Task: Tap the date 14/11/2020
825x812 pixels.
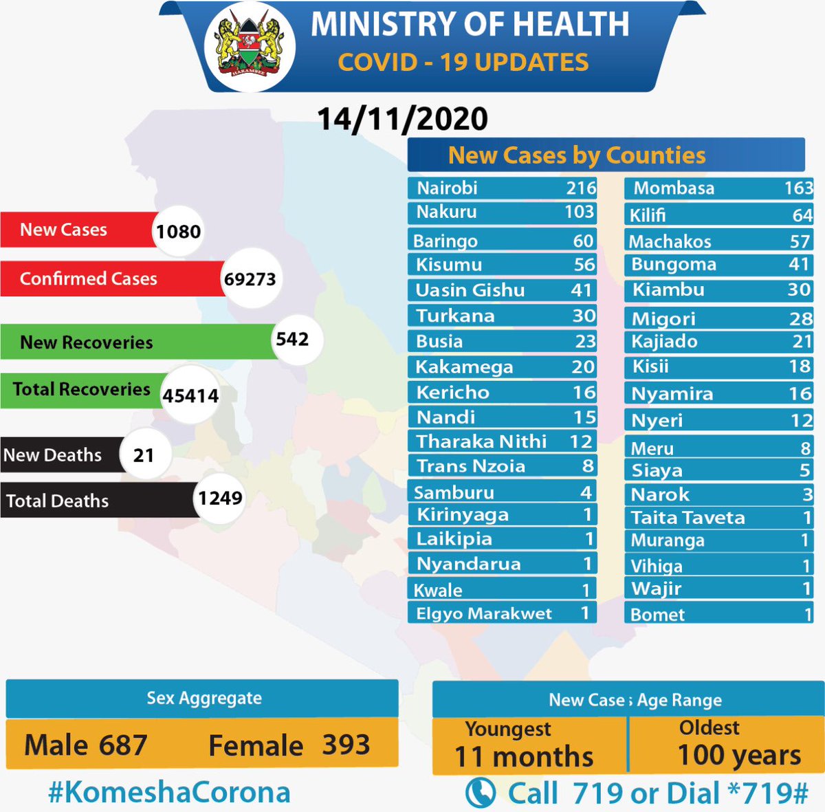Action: (402, 119)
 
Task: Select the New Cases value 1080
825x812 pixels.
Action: (178, 231)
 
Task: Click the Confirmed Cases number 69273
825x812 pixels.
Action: (250, 279)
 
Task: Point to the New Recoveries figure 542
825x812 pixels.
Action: (292, 339)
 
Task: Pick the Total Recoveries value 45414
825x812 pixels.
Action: (190, 396)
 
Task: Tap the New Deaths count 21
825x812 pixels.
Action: (144, 455)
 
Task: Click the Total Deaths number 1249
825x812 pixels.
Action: (220, 498)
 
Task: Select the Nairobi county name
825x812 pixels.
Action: (447, 188)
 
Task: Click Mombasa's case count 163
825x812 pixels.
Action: (798, 188)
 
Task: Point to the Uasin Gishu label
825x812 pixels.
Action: (470, 290)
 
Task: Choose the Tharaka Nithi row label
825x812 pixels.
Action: (481, 441)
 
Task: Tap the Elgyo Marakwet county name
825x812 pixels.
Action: (484, 613)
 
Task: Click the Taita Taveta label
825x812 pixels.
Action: (687, 518)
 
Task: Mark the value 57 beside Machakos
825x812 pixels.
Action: (800, 241)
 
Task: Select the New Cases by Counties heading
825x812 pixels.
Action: (577, 155)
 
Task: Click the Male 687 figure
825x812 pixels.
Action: (86, 745)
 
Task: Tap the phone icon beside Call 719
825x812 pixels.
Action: (480, 793)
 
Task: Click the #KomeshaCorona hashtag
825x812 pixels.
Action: (169, 792)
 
